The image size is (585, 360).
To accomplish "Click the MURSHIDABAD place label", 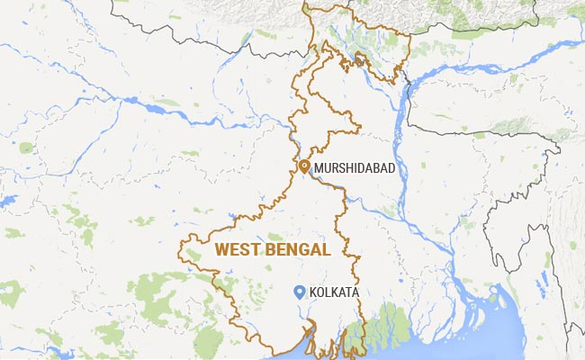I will tap(355, 168).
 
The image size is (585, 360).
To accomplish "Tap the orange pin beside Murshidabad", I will tap(304, 166).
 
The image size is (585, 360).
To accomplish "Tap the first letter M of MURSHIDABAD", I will tap(319, 168).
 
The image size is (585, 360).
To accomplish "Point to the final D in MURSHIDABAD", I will tap(391, 168).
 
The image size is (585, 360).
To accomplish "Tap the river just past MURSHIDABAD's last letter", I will tap(401, 171).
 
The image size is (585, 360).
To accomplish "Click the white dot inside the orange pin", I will tap(304, 165).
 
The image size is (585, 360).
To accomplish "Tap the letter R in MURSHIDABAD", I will tap(335, 168).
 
